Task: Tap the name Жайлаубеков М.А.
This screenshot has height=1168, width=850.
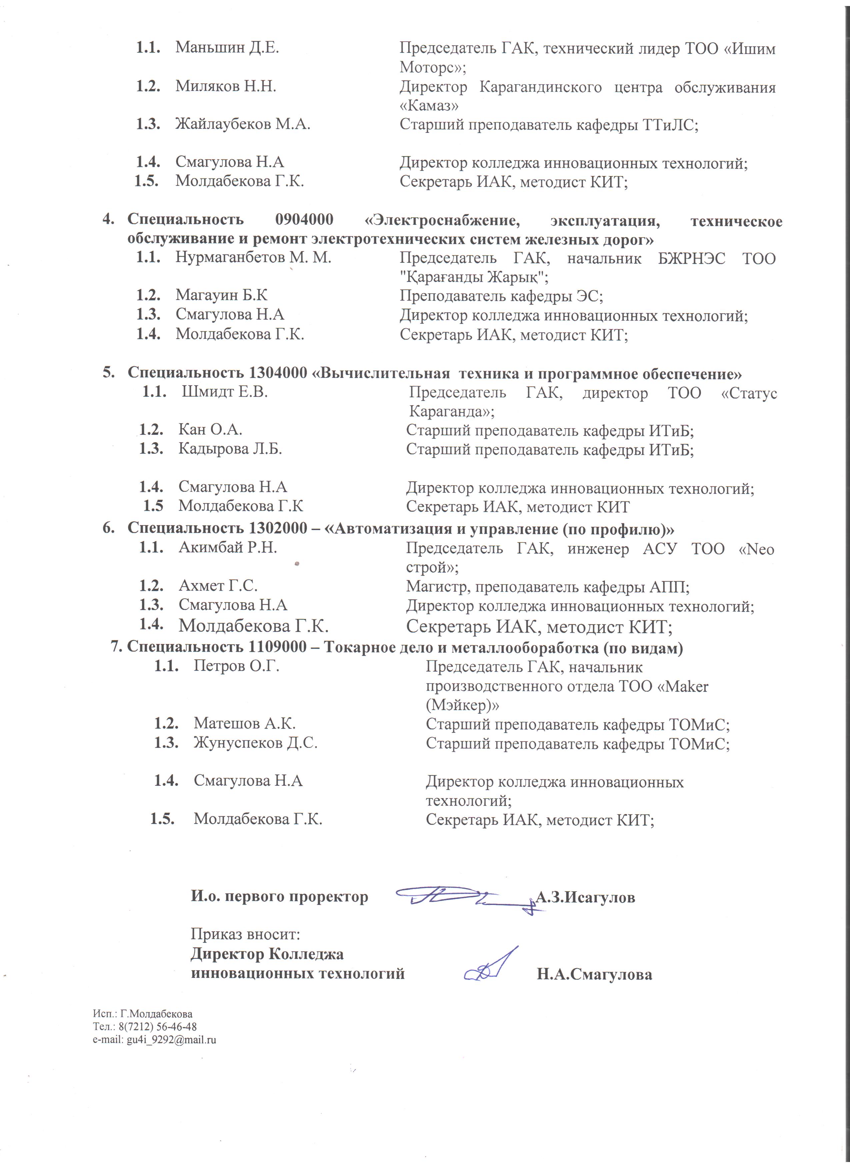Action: (x=243, y=124)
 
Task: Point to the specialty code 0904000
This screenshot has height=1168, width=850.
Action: (x=304, y=219)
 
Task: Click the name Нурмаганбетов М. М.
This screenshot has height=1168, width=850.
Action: (x=253, y=257)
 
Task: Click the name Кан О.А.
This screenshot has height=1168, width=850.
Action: (x=210, y=430)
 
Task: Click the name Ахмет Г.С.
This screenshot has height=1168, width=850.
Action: (x=218, y=586)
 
